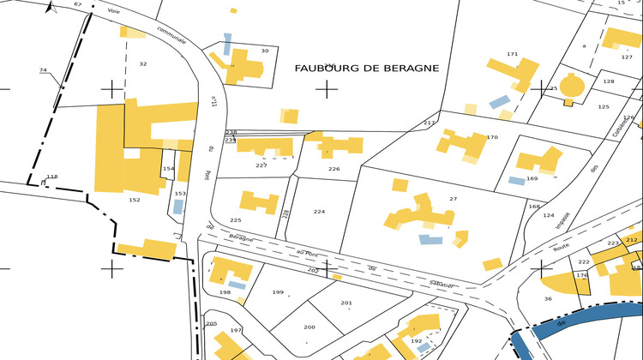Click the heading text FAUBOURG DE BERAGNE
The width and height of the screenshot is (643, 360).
(367, 68)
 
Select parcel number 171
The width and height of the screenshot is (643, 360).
(513, 55)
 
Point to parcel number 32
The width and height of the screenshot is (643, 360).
(143, 64)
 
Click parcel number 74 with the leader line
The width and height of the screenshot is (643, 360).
(43, 70)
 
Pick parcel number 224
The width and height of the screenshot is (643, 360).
(319, 212)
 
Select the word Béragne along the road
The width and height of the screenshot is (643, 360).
(243, 238)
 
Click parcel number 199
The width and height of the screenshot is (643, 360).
(278, 292)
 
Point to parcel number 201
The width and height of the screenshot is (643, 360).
(346, 303)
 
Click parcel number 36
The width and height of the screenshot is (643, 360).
(547, 299)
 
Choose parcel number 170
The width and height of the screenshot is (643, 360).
(492, 137)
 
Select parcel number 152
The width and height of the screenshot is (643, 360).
(134, 200)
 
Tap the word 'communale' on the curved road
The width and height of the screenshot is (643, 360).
(171, 34)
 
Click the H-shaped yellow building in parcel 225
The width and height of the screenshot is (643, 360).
(258, 202)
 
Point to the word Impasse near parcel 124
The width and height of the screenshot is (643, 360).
(562, 220)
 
